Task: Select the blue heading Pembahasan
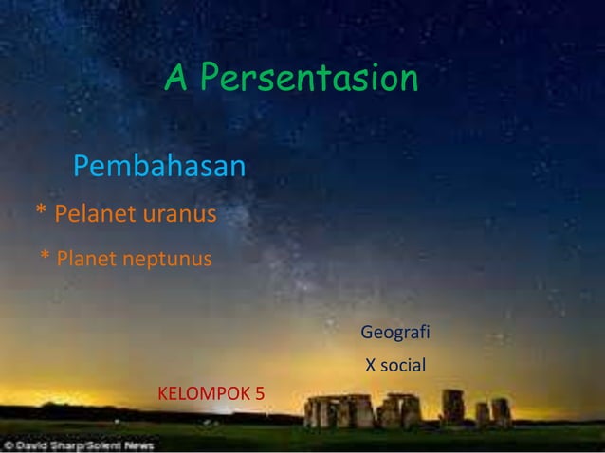[159, 168]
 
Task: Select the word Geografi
[395, 334]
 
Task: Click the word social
[403, 365]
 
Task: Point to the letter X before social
[372, 365]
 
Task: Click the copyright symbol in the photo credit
[9, 444]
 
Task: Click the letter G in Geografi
[368, 334]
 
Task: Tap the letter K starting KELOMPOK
[162, 392]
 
